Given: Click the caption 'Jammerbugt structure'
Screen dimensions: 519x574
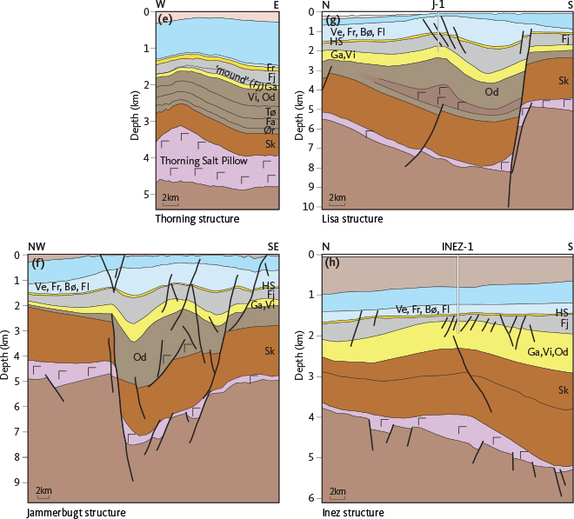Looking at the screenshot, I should pos(77,513).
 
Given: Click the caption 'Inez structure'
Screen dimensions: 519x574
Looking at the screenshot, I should pos(354,513).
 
